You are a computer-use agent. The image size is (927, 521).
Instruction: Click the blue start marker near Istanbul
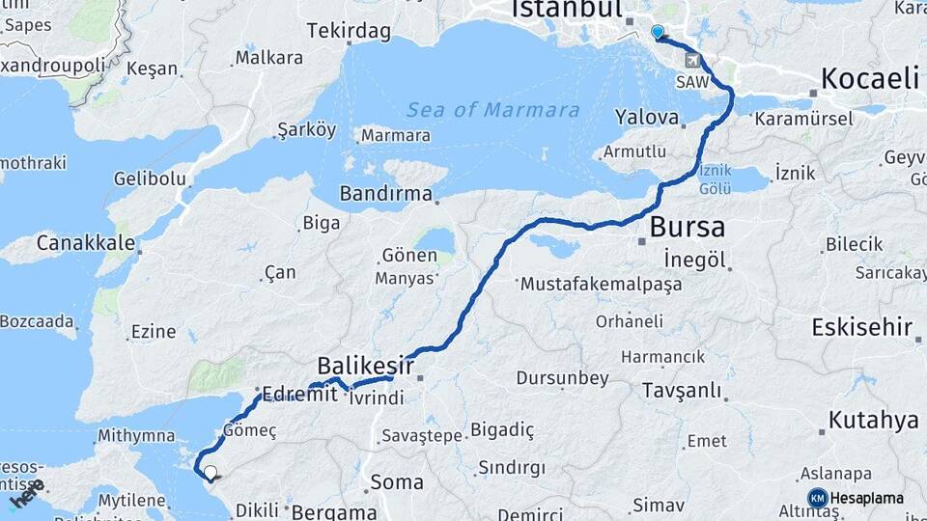coord(658,33)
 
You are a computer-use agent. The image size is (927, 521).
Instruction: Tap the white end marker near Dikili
coord(210,473)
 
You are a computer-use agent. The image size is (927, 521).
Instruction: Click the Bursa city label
coord(687,229)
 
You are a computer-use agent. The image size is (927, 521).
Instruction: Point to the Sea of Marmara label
coord(492,110)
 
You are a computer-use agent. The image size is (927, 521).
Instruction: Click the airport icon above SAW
coord(691,61)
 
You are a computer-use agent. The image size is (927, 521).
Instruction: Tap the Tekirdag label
coord(349,32)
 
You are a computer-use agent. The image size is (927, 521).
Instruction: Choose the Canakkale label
coord(85,242)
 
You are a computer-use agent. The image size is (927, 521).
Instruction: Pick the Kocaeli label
coord(869,79)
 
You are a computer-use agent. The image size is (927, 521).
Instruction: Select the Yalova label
coord(646,118)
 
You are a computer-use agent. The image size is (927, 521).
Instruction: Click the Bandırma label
coord(385,194)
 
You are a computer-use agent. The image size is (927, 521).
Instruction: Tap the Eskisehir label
coord(862,327)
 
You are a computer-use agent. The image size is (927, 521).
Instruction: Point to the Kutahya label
coord(873,421)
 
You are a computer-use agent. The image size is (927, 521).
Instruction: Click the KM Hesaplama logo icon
coord(817,498)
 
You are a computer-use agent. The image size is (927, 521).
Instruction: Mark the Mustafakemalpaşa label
coord(601,285)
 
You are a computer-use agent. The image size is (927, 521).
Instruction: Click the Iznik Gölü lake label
coord(715,180)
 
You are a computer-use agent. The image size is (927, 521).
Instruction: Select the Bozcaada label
coord(37,320)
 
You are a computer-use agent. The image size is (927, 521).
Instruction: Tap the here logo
coord(27,494)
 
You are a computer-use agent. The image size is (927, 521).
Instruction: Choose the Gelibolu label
coord(149,178)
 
